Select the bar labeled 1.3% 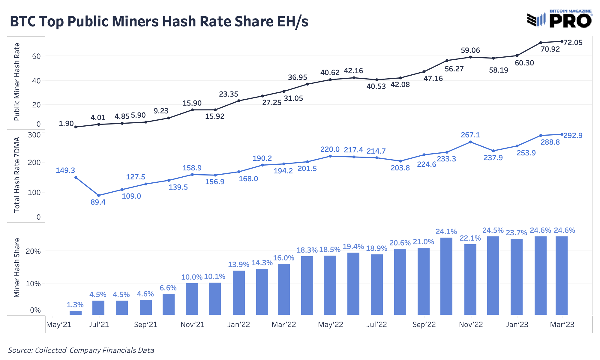(76, 313)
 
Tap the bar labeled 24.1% (446, 276)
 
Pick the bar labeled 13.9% (239, 292)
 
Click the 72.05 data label (573, 43)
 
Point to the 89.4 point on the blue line (99, 195)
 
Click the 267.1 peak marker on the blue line (470, 142)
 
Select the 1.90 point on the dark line (76, 127)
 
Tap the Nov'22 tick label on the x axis (471, 325)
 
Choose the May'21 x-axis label (59, 325)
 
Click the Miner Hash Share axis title (17, 268)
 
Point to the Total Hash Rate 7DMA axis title (17, 175)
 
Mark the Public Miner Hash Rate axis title (17, 82)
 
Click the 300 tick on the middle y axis (34, 135)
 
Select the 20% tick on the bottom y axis (33, 251)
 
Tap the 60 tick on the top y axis (36, 56)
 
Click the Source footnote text (81, 350)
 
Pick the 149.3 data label (65, 170)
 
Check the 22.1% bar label (470, 238)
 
